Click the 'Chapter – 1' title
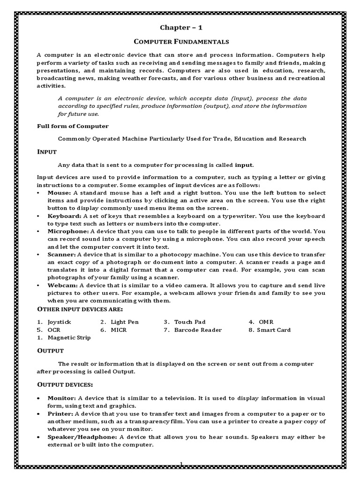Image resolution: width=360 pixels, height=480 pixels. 180,28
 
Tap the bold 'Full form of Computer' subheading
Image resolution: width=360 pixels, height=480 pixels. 73,126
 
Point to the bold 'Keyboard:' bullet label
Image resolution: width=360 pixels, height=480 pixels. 64,216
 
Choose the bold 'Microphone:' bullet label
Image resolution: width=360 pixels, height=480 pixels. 67,232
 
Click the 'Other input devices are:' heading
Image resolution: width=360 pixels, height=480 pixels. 80,309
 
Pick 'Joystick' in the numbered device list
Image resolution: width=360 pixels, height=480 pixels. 60,322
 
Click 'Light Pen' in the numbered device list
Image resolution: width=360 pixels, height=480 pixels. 125,322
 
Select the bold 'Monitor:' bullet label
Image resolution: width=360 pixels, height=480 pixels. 62,398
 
